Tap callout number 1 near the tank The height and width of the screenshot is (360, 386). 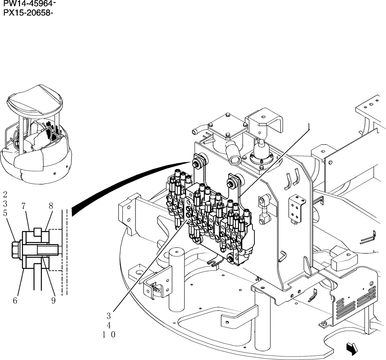(x=308, y=126)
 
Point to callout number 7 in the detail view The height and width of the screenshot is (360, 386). (x=24, y=206)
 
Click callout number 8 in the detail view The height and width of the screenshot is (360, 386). (x=51, y=206)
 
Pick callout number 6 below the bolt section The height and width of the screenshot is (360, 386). (x=15, y=300)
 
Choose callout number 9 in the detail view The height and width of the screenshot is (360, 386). (x=53, y=300)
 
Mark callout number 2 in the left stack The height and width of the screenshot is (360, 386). (x=5, y=194)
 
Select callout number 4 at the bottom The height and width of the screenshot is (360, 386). (x=109, y=325)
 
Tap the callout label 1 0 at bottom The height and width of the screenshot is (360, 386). (x=109, y=335)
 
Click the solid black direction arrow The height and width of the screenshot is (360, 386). (x=352, y=349)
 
